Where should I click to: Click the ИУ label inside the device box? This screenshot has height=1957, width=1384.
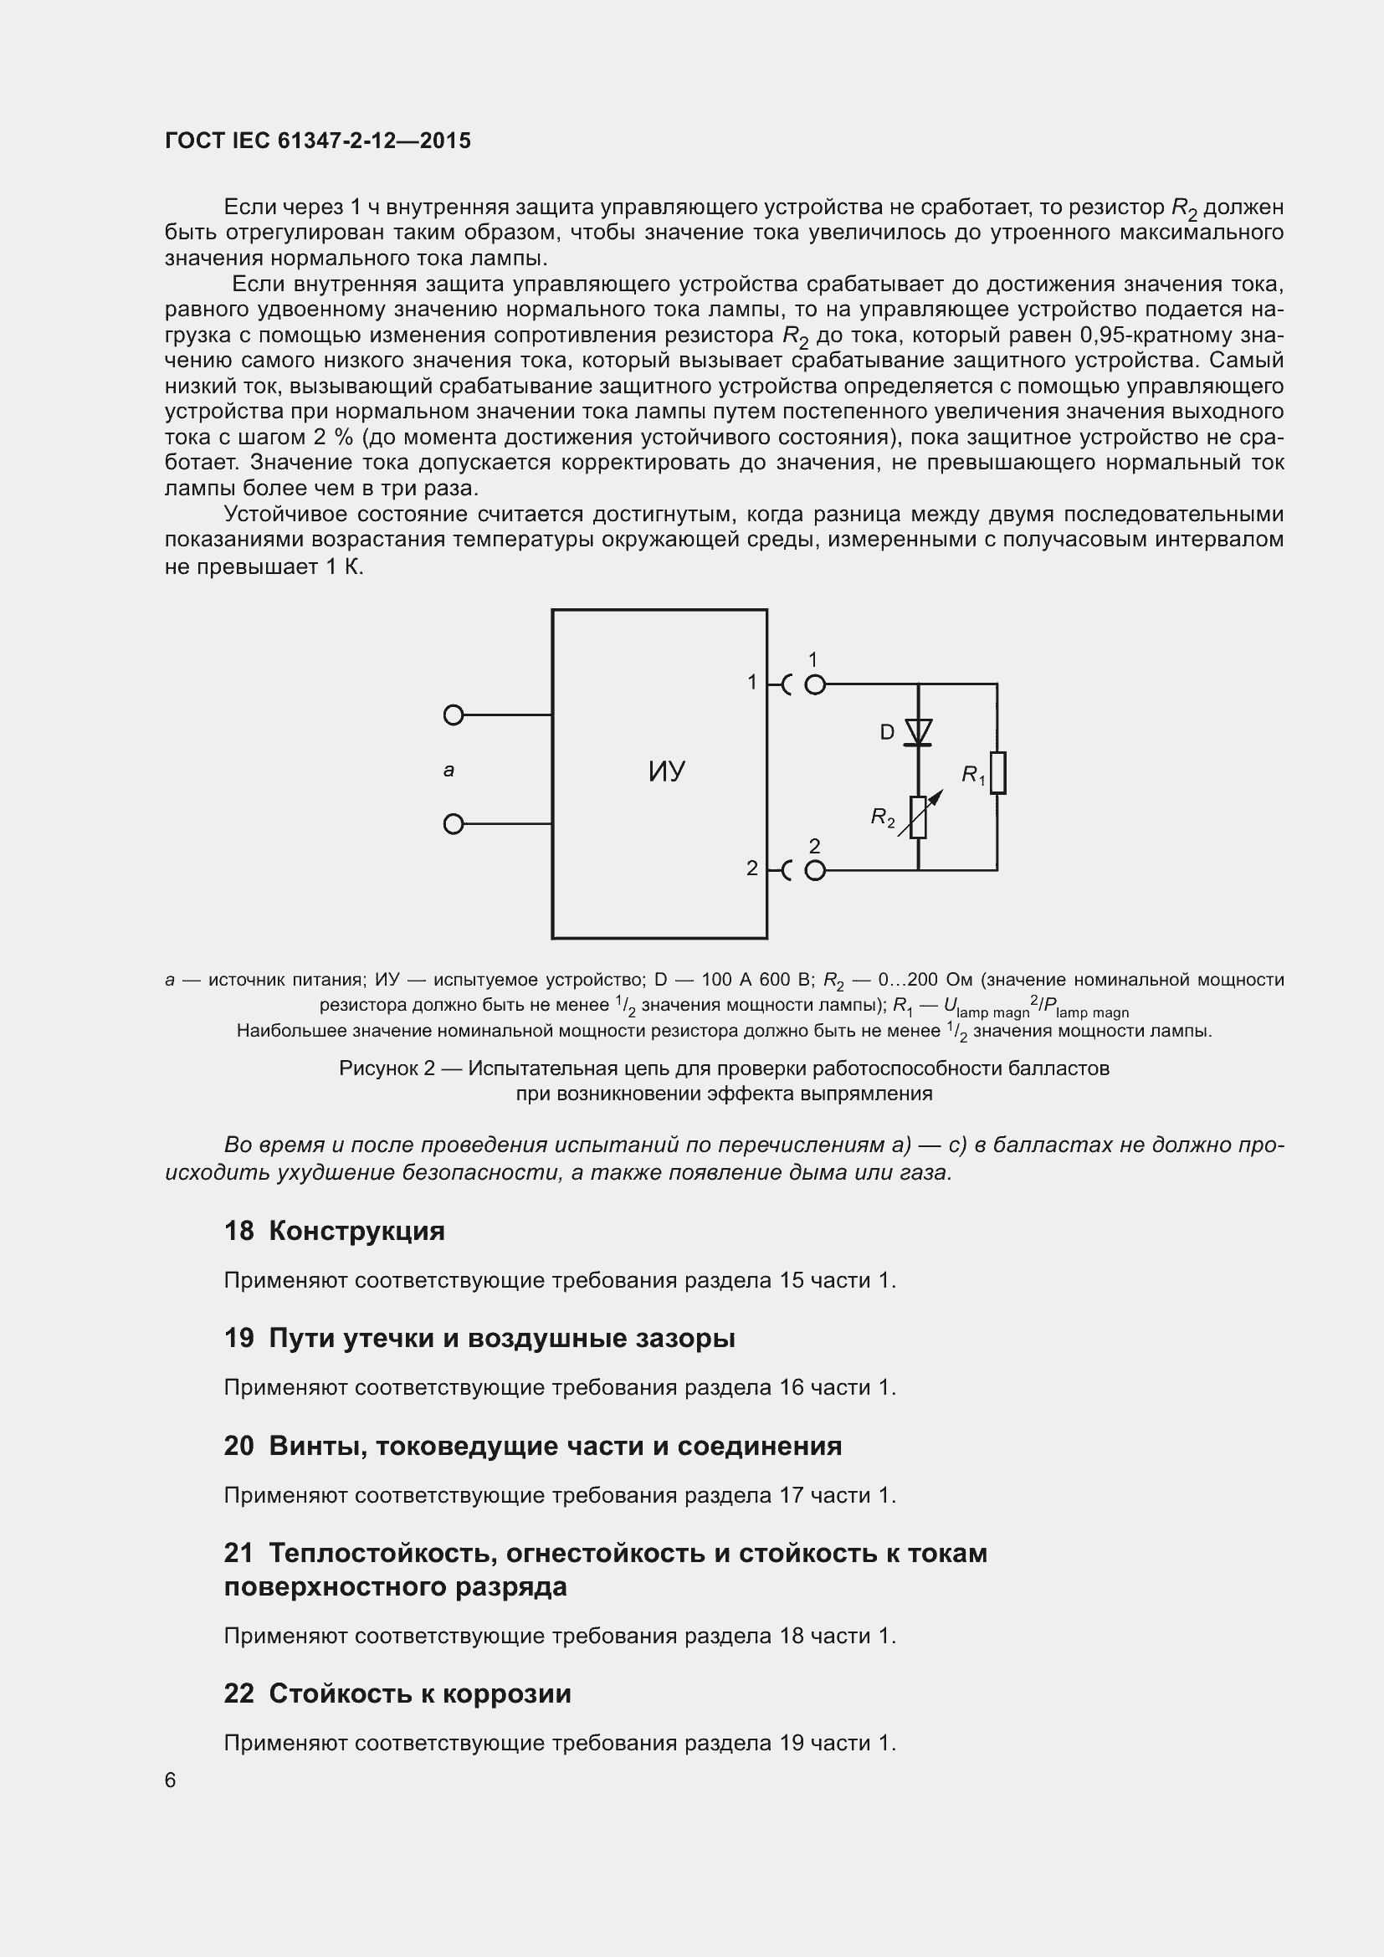pos(666,772)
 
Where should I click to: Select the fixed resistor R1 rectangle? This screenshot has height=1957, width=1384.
pos(997,773)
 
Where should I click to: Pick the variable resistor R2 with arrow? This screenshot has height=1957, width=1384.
pos(918,817)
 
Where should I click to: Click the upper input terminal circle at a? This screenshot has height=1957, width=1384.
pos(454,715)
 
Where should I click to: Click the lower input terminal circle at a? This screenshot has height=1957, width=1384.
pos(454,824)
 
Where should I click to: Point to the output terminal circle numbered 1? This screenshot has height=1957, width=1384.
pos(815,684)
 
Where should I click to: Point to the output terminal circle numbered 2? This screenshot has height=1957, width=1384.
pos(815,870)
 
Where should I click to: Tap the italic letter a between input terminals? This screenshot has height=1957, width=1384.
pos(449,771)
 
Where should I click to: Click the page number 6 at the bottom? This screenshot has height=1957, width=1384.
pos(171,1780)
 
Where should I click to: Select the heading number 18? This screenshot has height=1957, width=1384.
pos(238,1232)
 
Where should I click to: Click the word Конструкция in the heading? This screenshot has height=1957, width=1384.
pos(356,1232)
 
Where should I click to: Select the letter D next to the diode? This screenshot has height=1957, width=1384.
pos(887,732)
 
